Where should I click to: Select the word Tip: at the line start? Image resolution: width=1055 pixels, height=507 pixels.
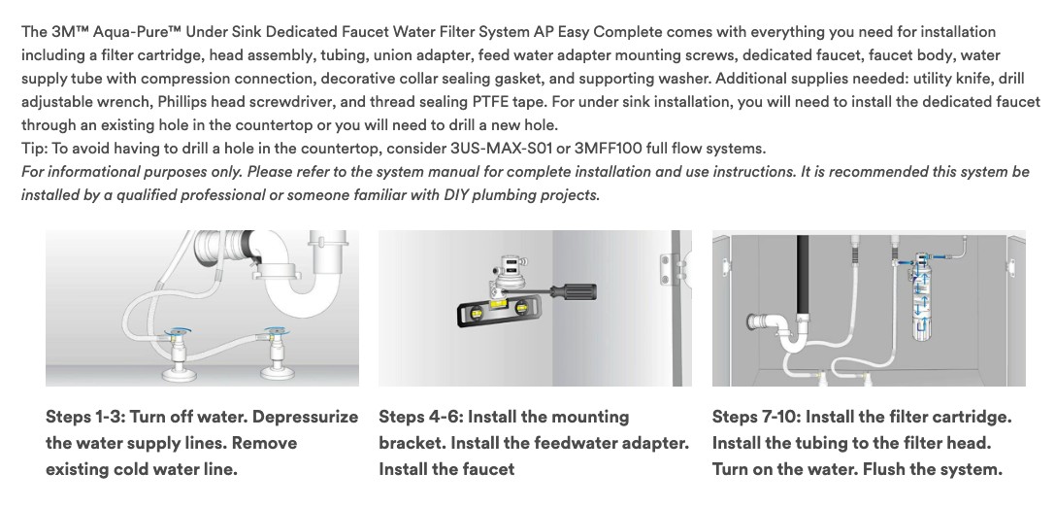click(x=34, y=149)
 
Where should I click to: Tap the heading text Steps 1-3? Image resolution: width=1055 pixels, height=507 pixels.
click(x=84, y=417)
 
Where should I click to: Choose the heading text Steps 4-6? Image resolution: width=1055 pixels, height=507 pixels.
click(x=420, y=417)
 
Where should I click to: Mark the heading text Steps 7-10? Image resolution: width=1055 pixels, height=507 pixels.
click(x=756, y=417)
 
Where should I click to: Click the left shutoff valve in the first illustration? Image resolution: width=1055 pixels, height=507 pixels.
click(x=178, y=353)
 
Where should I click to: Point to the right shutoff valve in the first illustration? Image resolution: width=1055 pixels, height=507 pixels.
click(x=275, y=353)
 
